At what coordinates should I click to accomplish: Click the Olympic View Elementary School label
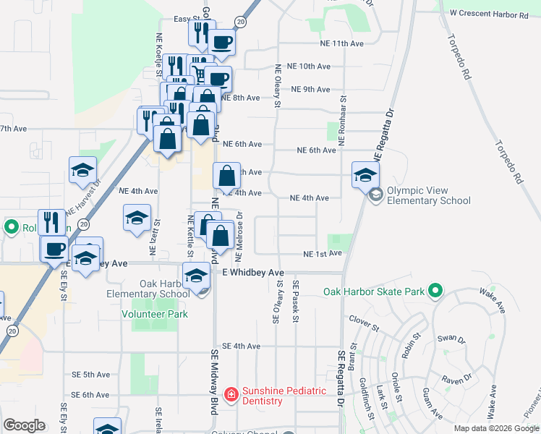tap(428, 196)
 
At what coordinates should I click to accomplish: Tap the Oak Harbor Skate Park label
tap(372, 292)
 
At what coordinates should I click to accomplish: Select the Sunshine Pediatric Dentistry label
tap(284, 396)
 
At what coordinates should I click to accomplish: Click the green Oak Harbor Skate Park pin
tap(434, 292)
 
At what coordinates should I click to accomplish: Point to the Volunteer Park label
tap(155, 314)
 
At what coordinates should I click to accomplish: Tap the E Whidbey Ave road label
tap(253, 273)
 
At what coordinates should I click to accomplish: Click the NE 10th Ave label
tap(314, 67)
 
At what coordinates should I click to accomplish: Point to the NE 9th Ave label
tap(310, 90)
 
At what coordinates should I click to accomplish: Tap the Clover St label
tap(364, 318)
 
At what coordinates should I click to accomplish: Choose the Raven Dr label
tap(456, 378)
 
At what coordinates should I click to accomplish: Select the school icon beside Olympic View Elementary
tap(366, 174)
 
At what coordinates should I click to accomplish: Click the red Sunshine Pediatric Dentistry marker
tap(231, 395)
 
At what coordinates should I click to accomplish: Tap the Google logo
tap(24, 425)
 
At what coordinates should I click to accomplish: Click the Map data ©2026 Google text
tap(496, 428)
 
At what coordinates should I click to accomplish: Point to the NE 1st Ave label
tap(322, 254)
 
